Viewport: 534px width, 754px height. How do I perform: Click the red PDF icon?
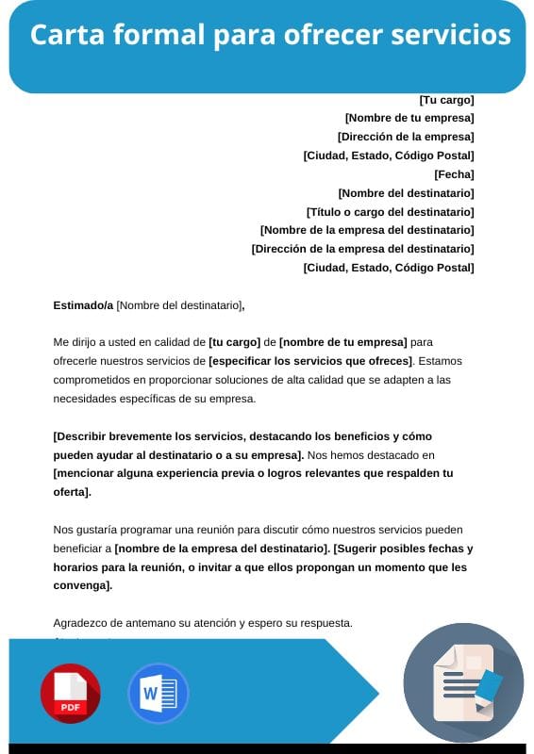point(70,693)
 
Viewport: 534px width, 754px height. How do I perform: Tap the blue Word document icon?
point(158,693)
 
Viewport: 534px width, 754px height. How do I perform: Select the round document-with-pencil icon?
point(463,682)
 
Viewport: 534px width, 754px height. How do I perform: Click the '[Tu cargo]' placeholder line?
point(446,100)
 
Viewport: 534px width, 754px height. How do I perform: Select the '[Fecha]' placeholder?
point(454,174)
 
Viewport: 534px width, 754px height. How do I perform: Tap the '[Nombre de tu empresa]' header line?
point(409,118)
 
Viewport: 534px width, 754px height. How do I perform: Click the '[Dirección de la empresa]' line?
point(406,137)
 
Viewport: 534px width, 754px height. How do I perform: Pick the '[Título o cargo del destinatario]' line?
point(391,212)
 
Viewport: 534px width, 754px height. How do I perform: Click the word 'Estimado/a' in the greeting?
point(83,304)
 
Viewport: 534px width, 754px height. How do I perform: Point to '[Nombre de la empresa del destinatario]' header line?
point(367,230)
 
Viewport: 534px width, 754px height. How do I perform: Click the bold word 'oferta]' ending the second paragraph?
point(72,492)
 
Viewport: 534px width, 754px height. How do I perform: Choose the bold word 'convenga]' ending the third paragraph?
point(83,585)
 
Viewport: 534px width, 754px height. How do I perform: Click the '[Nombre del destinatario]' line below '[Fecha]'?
point(406,193)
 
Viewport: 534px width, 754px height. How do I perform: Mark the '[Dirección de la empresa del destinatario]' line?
point(362,249)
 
